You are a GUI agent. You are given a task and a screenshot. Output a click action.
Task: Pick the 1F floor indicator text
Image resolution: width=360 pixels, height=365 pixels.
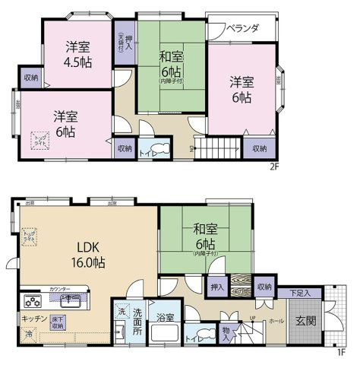tap(341, 351)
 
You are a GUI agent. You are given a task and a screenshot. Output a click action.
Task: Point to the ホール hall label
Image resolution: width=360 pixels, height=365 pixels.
tap(277, 320)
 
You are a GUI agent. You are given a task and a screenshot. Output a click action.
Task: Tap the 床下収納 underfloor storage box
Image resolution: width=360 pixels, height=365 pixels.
tap(57, 322)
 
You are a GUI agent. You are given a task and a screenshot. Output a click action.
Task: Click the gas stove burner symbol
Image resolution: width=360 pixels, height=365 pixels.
tap(33, 299)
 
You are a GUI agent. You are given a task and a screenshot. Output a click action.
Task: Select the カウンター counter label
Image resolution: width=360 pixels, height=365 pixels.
tap(61, 289)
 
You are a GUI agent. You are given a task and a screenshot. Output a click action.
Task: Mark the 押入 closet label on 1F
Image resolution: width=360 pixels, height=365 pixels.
tap(217, 287)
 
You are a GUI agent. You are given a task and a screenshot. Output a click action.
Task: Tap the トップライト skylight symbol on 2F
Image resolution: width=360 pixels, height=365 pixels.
tap(39, 139)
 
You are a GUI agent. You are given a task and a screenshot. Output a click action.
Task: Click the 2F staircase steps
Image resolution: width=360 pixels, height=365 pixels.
tap(217, 145)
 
